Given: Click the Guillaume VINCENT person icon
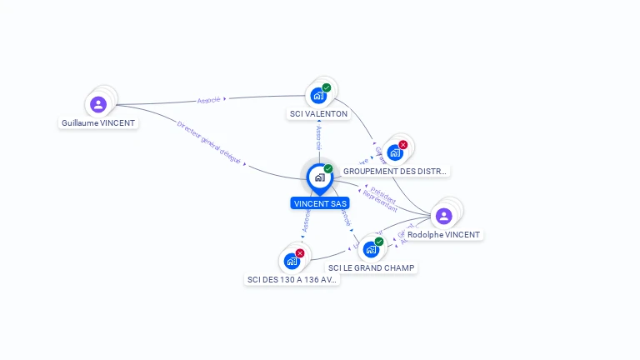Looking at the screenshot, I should (98, 105).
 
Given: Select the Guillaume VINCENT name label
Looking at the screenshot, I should (98, 122).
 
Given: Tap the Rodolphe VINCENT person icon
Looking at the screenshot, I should (444, 217).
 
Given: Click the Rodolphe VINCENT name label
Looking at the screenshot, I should (443, 235).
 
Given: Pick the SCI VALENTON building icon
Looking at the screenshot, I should (318, 96).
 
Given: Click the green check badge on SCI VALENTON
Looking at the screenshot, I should (327, 87).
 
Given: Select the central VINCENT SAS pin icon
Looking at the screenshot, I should (319, 177).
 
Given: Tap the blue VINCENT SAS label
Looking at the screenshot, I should (320, 203).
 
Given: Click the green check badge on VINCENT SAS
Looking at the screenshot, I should (328, 169).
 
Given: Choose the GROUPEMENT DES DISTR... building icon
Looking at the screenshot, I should (395, 152).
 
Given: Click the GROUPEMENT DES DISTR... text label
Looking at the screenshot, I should (395, 171).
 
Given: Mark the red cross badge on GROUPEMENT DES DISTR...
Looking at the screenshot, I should (403, 145).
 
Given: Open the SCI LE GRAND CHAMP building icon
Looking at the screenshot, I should (371, 249).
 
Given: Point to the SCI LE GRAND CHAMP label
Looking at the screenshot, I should (371, 267).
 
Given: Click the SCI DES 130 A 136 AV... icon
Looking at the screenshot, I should (292, 261).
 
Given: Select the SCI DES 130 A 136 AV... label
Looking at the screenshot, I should (292, 280).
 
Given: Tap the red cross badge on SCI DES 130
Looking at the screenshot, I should (300, 253).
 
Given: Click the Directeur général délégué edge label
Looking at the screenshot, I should (209, 141).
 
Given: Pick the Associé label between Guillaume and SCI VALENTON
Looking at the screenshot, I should (209, 100).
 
